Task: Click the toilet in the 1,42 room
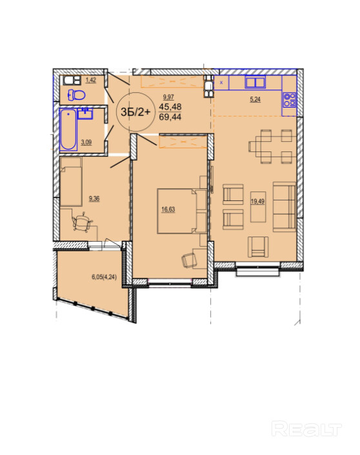click(x=76, y=95)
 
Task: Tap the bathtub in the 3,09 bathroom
click(x=68, y=130)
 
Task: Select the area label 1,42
click(x=91, y=80)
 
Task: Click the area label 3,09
click(x=86, y=142)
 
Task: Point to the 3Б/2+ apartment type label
click(x=135, y=111)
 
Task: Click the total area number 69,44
click(x=170, y=117)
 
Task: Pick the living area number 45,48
click(x=170, y=106)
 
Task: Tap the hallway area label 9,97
click(x=168, y=97)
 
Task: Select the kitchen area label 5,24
click(x=255, y=99)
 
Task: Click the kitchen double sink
click(x=255, y=82)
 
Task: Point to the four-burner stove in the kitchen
click(x=290, y=99)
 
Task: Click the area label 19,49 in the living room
click(x=257, y=201)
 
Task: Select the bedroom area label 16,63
click(x=168, y=209)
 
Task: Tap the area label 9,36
click(x=94, y=198)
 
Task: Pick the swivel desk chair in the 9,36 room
click(x=82, y=222)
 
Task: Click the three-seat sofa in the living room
click(x=285, y=207)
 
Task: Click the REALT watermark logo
click(x=306, y=429)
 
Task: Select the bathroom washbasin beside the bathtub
click(x=85, y=113)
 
